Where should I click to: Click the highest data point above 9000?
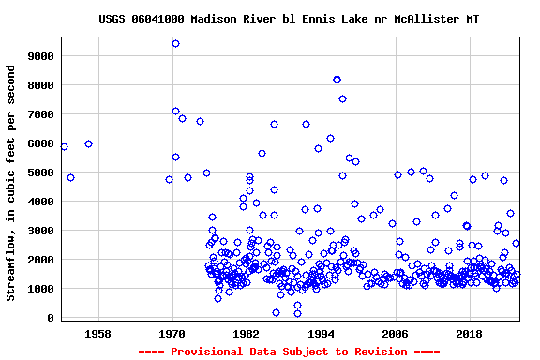[175, 43]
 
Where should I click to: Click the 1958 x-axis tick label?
[97, 334]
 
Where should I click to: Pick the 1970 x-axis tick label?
[172, 334]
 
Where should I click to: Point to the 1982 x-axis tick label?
[247, 334]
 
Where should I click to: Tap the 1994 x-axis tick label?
[321, 334]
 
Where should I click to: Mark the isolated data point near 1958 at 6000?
[88, 143]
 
